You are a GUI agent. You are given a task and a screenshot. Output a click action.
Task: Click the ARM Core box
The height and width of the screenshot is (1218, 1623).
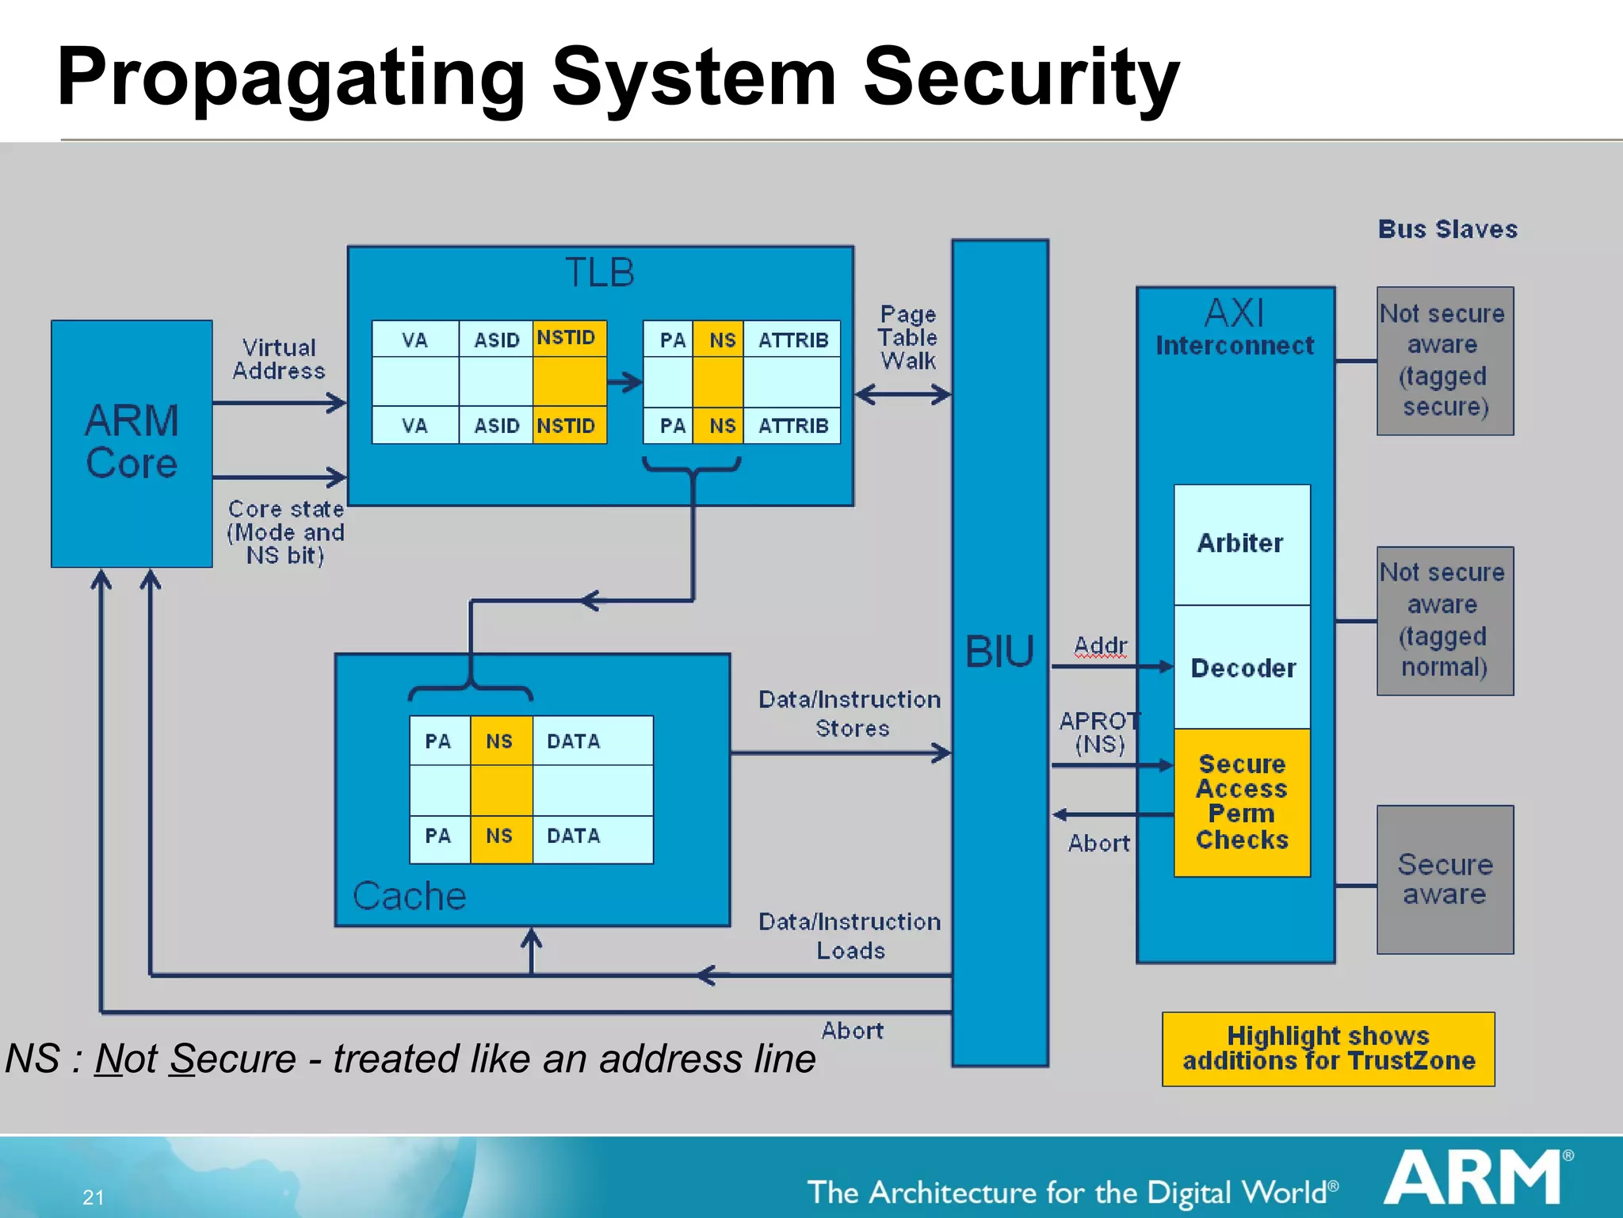132,443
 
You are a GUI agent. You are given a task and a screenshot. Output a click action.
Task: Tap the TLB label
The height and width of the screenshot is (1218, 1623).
599,273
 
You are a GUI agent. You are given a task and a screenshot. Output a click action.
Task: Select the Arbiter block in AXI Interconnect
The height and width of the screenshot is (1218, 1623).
1241,544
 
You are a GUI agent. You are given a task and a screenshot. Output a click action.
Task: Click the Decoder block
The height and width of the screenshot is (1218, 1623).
1243,668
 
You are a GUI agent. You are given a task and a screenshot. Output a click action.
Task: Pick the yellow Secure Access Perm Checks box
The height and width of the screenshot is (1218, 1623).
1242,802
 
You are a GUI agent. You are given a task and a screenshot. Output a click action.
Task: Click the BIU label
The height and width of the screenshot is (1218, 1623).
999,652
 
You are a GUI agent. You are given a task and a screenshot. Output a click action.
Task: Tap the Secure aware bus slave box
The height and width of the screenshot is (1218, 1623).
1445,879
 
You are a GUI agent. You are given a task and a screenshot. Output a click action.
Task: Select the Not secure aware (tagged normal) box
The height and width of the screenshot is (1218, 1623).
1445,620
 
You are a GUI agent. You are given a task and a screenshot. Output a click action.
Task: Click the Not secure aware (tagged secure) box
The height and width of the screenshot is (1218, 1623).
1445,361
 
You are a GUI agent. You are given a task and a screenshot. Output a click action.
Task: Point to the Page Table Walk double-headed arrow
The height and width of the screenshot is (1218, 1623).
903,394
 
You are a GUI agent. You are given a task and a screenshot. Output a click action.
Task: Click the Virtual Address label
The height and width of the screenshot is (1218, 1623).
279,359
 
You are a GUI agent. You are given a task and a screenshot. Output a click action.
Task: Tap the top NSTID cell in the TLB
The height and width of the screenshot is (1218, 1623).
568,339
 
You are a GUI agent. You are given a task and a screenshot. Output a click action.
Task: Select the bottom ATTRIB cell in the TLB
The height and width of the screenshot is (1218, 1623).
792,426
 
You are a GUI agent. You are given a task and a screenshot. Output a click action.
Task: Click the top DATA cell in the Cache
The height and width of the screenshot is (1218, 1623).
591,741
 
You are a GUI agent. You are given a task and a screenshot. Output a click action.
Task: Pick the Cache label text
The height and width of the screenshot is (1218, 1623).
409,896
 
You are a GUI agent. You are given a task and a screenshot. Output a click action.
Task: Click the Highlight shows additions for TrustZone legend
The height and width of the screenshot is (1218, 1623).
1328,1048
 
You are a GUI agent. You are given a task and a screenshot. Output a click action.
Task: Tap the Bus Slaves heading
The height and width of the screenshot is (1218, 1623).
1447,229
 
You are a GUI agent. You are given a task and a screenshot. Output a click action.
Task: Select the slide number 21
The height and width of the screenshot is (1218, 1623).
94,1197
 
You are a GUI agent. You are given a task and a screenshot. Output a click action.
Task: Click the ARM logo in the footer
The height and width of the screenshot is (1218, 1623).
1475,1178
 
